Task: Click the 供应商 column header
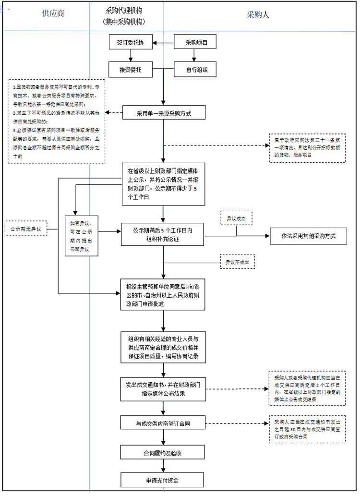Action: (x=53, y=13)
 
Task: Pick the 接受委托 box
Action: (x=131, y=70)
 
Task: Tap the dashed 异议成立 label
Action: (x=237, y=218)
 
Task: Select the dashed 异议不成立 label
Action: (x=238, y=262)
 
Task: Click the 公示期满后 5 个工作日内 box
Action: (x=163, y=235)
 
